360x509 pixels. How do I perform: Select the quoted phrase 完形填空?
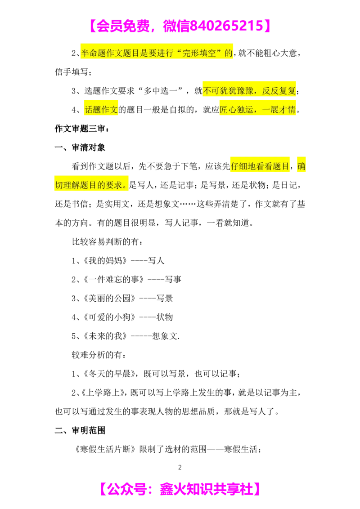(x=200, y=54)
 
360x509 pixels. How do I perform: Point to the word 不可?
(x=210, y=91)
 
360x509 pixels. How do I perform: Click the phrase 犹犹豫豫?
(x=235, y=91)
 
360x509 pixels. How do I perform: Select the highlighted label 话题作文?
(x=101, y=110)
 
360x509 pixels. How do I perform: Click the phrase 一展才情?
(x=278, y=110)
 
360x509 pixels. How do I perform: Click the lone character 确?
(x=301, y=166)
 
